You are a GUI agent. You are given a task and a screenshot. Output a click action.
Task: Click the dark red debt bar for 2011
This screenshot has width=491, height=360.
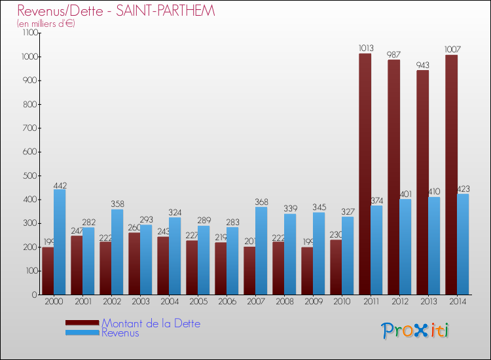coord(365,173)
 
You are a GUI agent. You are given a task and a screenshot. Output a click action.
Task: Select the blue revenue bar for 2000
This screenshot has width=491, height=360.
coord(60,242)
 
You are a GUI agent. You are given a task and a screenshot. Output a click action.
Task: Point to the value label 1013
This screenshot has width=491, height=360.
coord(365,48)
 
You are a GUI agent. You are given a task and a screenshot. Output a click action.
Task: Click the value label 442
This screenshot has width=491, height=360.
coord(60,185)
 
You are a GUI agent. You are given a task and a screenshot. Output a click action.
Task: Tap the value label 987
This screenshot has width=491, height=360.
coord(394,54)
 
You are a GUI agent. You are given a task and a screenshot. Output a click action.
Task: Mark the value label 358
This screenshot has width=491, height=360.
coord(117,204)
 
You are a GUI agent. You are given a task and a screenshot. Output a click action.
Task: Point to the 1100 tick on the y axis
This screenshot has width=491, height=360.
coord(30,33)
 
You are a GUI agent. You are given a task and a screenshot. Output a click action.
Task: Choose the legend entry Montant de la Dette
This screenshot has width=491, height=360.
coord(151,323)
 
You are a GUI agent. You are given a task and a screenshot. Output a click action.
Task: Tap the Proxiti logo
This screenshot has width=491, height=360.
coord(415,331)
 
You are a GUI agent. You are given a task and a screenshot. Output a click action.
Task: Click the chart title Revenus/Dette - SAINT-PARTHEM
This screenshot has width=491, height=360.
coord(116,11)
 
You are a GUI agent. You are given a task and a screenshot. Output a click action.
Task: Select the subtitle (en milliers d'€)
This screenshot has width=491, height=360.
coord(46,24)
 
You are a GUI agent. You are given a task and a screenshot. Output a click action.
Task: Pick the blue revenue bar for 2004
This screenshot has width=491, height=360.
coord(175,255)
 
